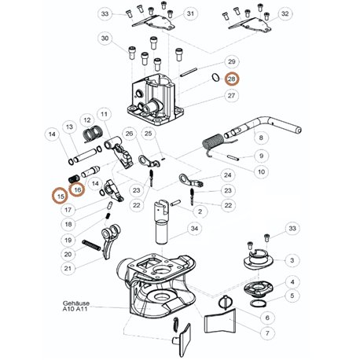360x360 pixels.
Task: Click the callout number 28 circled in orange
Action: point(232,79)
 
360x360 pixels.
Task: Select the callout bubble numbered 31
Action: point(190,13)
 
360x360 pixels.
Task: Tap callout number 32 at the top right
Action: point(285,13)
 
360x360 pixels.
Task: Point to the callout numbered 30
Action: point(105,39)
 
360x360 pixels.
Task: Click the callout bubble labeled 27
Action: point(231,96)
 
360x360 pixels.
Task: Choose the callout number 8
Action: point(261,138)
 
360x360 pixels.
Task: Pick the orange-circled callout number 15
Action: point(61,197)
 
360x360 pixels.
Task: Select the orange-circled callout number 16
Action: point(78,189)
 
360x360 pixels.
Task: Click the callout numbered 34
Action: point(194,229)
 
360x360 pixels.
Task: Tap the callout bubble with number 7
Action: point(267,333)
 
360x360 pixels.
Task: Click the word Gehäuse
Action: point(76,303)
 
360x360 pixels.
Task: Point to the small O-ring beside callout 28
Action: point(215,77)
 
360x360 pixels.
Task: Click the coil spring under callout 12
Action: point(92,134)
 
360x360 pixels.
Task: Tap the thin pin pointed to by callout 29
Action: point(189,72)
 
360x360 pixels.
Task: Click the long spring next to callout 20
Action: point(91,245)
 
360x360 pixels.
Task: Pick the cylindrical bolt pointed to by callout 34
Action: point(162,222)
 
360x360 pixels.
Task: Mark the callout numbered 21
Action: point(68,268)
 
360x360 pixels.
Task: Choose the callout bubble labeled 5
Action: point(292,296)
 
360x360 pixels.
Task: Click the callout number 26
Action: point(129,134)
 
